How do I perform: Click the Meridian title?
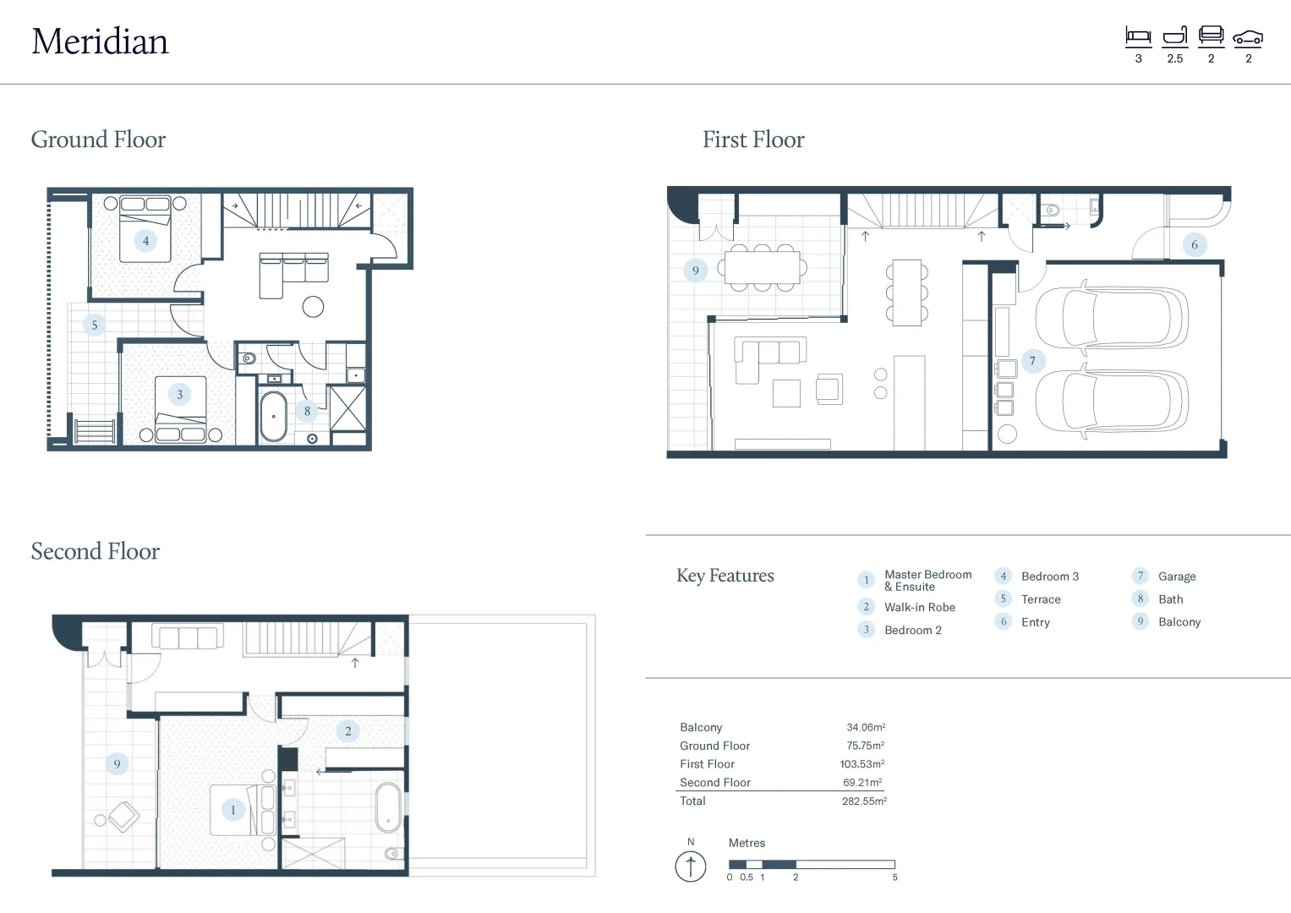click(x=100, y=41)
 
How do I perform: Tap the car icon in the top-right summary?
click(x=1247, y=37)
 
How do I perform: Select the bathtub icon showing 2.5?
click(x=1174, y=36)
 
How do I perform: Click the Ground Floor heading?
click(x=98, y=139)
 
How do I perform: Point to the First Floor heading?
click(x=753, y=139)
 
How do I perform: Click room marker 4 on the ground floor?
click(x=145, y=241)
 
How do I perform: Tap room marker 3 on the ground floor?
click(x=179, y=394)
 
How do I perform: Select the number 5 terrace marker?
click(x=94, y=325)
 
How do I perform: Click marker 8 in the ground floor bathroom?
click(x=307, y=411)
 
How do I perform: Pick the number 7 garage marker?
click(x=1031, y=361)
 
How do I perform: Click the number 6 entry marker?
click(x=1194, y=245)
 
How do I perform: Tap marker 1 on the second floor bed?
click(x=232, y=810)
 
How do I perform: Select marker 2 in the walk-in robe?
click(x=347, y=731)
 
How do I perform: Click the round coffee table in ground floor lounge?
click(x=313, y=307)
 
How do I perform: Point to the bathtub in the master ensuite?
click(x=388, y=808)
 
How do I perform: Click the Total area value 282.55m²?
click(x=863, y=801)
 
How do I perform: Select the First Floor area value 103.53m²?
click(x=862, y=764)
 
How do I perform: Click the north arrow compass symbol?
click(x=691, y=867)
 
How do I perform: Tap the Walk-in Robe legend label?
click(x=919, y=607)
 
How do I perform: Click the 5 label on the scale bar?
click(x=894, y=877)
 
